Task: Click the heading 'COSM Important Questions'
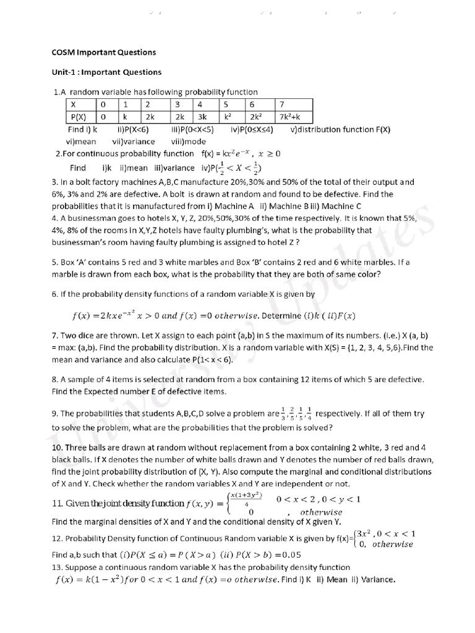(103, 52)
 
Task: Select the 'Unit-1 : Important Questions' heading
(106, 72)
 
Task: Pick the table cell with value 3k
(202, 116)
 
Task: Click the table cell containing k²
(228, 116)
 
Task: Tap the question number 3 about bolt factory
(54, 182)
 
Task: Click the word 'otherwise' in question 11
(321, 512)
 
